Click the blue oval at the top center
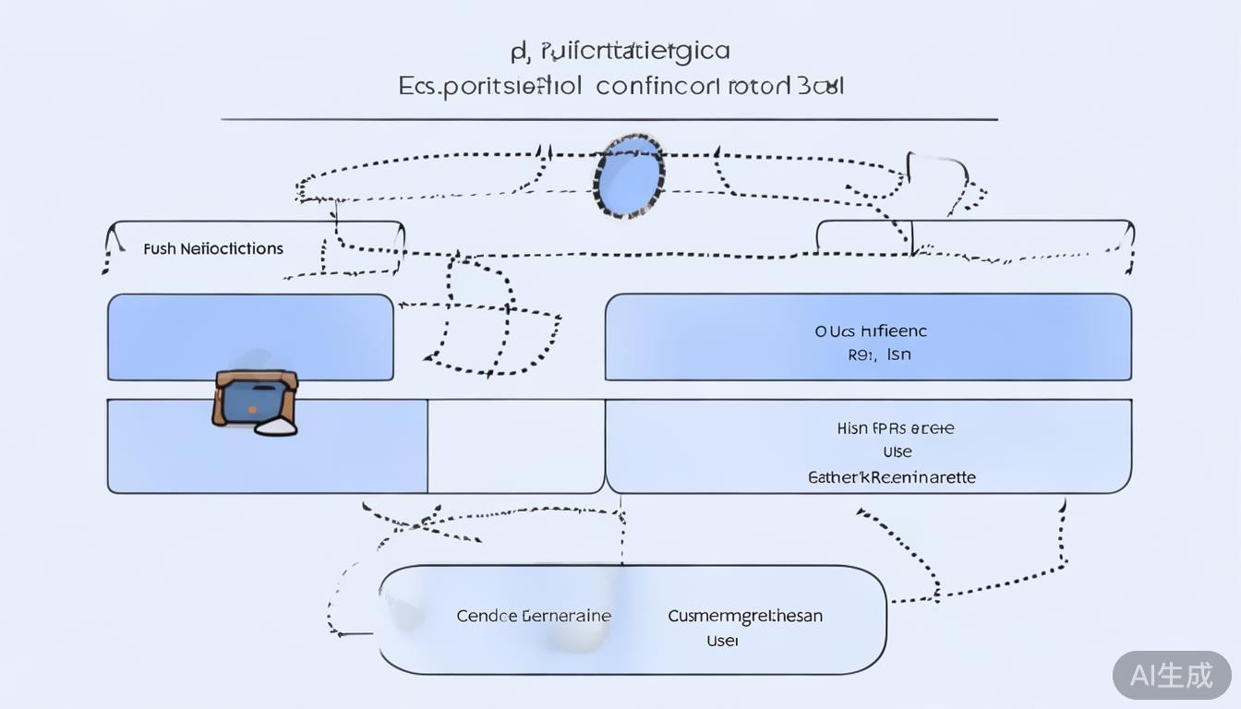tap(630, 175)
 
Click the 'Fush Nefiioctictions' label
tap(213, 248)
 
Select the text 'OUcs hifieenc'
tap(871, 330)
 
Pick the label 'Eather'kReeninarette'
tap(892, 477)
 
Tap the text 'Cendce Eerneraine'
tap(534, 616)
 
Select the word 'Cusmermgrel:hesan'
tap(745, 616)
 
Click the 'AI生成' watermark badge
tap(1172, 675)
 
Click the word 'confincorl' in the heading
tap(657, 87)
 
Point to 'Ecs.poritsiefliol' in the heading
tap(490, 88)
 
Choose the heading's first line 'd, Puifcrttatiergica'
tap(620, 50)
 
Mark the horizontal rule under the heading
tap(609, 119)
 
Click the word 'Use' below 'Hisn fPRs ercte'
tap(897, 452)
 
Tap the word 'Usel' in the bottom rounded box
tap(722, 640)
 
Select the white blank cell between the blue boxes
tap(516, 446)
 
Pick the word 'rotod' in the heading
tap(759, 87)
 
